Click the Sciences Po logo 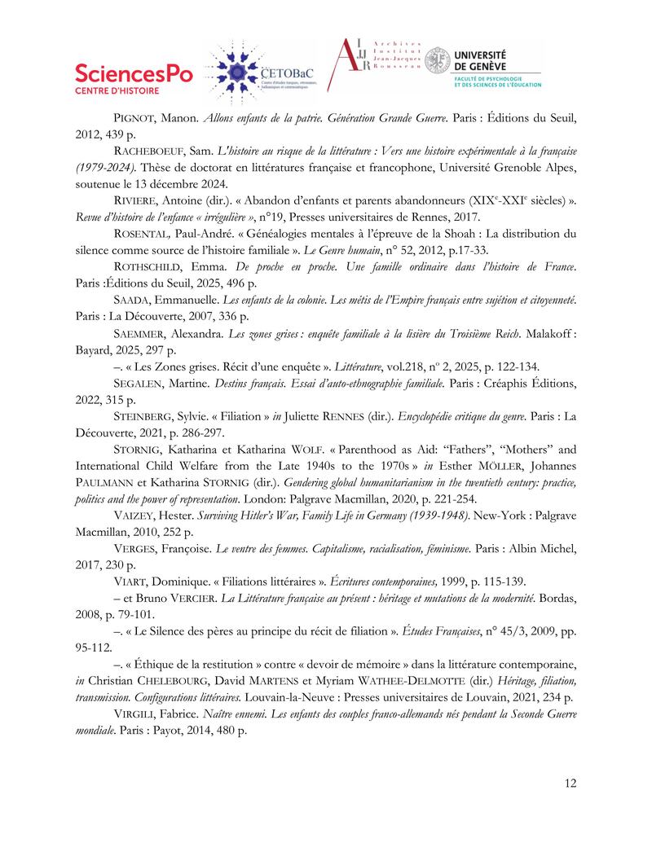(134, 78)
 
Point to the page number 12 (570, 784)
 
